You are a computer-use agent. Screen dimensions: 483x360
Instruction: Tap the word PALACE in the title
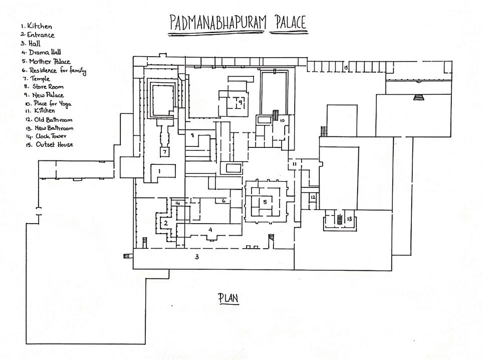(x=288, y=22)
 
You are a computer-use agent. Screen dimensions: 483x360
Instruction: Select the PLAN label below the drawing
(x=228, y=298)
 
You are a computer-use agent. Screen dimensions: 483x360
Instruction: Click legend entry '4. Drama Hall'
(x=41, y=52)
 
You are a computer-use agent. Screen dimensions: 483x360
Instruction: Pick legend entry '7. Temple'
(x=36, y=78)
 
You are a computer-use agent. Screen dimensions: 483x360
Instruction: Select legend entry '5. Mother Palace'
(x=46, y=61)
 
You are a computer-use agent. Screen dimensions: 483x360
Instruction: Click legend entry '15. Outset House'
(x=47, y=144)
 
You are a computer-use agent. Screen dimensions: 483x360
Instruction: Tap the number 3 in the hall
(x=197, y=257)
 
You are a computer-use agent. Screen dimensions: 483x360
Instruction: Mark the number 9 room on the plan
(x=240, y=102)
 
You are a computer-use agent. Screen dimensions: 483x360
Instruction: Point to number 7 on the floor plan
(x=163, y=151)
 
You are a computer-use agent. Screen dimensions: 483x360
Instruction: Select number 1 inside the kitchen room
(x=159, y=171)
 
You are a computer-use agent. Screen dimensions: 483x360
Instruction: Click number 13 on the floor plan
(x=349, y=219)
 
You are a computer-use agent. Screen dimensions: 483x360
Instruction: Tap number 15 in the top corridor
(x=345, y=67)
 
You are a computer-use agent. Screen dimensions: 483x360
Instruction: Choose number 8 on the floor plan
(x=192, y=135)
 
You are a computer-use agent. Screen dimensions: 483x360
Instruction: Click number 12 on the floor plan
(x=312, y=198)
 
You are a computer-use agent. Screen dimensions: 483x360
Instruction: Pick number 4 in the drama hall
(x=210, y=229)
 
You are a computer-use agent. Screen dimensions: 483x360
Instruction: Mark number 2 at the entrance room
(x=164, y=223)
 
